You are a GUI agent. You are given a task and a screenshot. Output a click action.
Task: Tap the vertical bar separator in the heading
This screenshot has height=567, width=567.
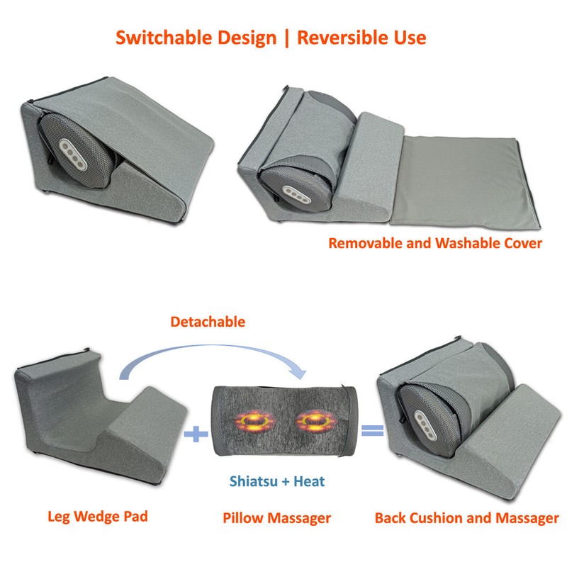point(287,38)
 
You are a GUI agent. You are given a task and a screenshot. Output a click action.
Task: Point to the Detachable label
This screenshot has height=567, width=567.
point(208,322)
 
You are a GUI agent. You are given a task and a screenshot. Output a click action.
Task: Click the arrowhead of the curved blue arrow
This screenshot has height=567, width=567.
point(299,373)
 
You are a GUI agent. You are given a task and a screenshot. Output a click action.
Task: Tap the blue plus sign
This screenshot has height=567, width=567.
point(196,434)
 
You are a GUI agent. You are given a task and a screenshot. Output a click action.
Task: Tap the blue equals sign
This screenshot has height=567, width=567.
point(373,430)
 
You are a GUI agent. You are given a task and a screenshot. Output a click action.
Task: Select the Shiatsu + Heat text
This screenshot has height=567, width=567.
point(277,481)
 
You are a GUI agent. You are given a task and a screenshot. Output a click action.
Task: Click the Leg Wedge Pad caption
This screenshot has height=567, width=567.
point(98,517)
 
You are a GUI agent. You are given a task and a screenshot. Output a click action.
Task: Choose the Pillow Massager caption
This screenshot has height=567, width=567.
point(276,518)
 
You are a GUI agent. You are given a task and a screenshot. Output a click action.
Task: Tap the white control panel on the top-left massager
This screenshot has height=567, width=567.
point(74,155)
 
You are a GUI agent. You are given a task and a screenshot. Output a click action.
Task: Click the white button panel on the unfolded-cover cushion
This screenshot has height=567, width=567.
point(297,196)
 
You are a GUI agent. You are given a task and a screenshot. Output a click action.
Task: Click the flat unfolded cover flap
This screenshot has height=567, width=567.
point(465,183)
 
